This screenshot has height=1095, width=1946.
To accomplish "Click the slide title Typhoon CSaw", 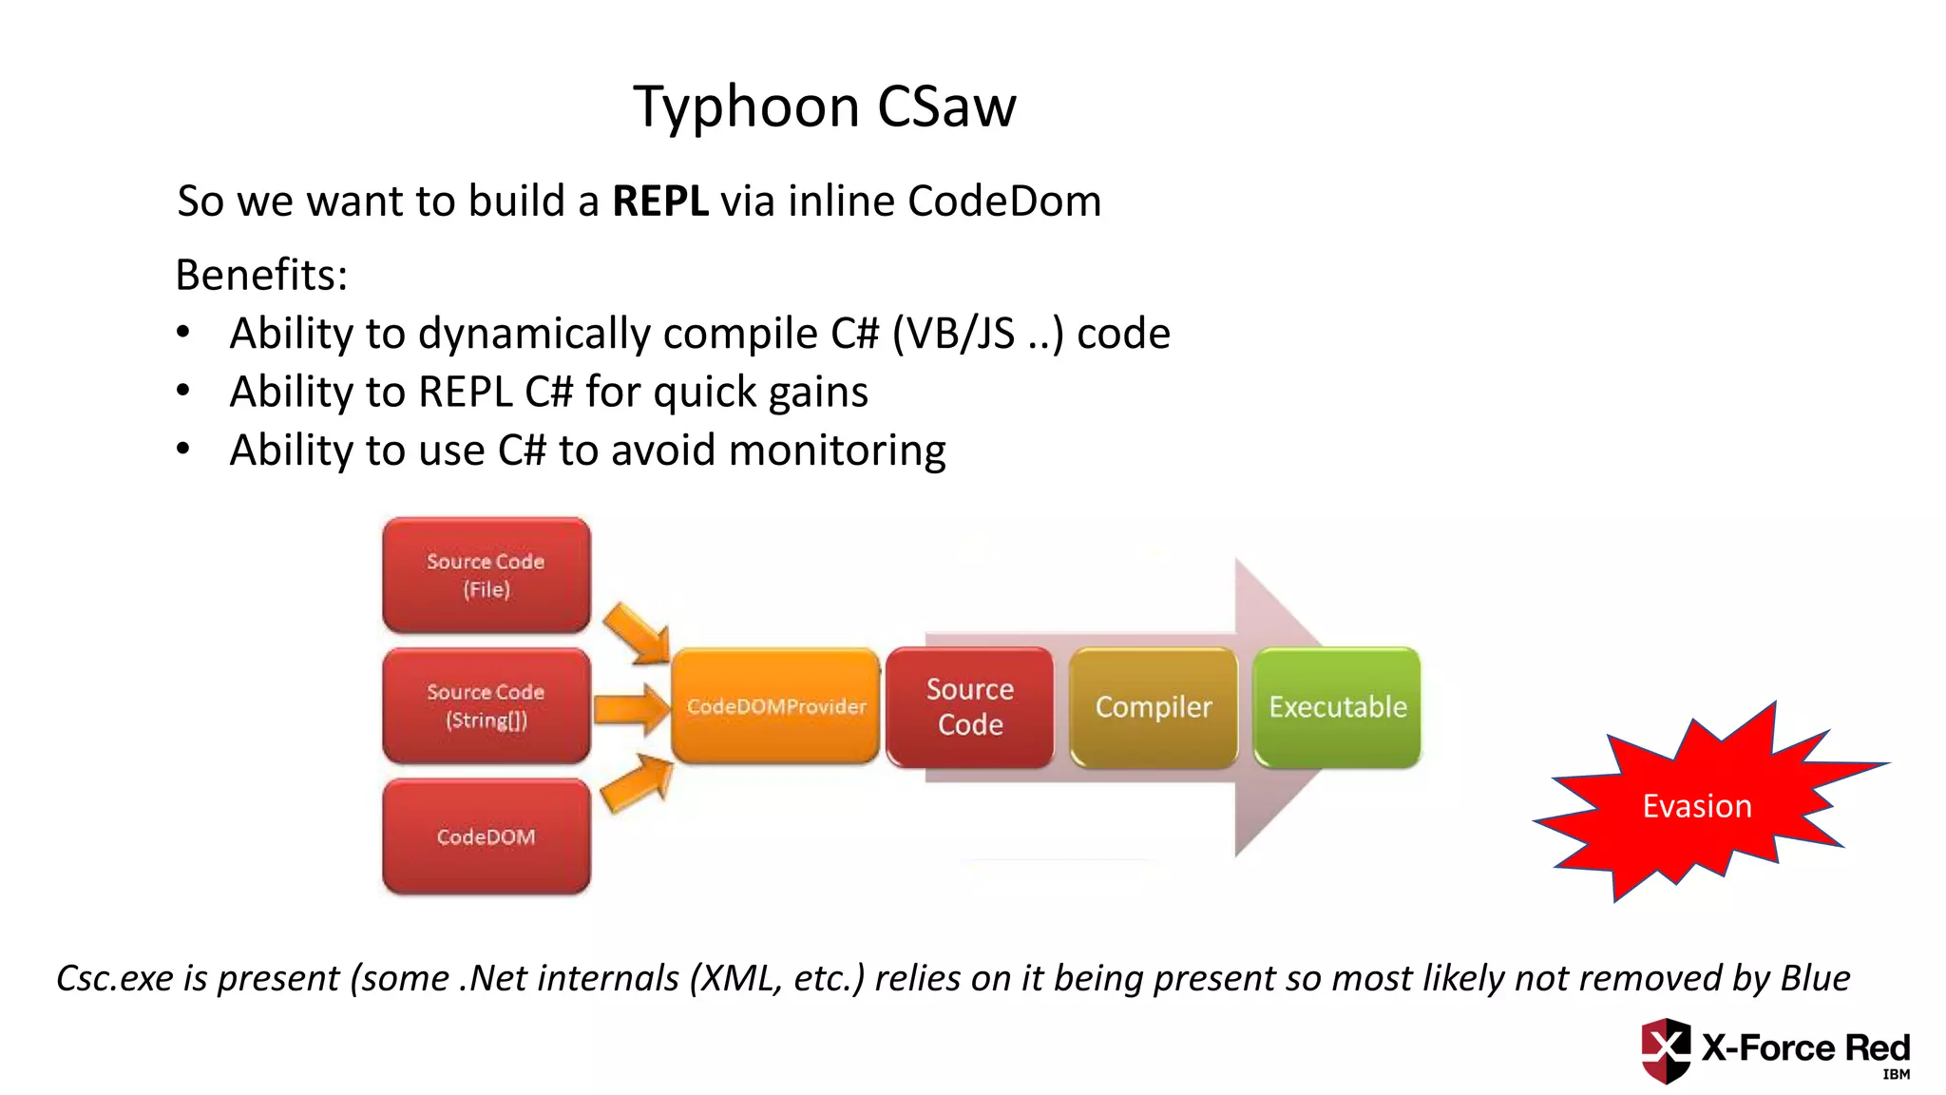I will [x=825, y=106].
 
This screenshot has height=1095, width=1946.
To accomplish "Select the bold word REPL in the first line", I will [x=659, y=202].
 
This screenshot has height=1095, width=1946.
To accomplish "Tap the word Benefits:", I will [x=261, y=276].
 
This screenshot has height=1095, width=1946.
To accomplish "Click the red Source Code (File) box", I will [x=486, y=575].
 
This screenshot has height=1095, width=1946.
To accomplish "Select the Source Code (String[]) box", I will [x=486, y=706].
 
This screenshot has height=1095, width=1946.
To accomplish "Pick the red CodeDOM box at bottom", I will [x=486, y=836].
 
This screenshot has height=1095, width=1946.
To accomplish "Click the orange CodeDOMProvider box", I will [x=775, y=706].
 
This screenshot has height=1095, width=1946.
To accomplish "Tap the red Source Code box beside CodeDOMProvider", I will [x=970, y=707].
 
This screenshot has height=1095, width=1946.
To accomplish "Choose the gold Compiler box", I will [x=1154, y=707].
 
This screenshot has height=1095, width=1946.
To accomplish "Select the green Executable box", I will [x=1337, y=707].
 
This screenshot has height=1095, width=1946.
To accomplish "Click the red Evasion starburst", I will [x=1697, y=806].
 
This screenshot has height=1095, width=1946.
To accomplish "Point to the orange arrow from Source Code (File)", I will [x=638, y=633].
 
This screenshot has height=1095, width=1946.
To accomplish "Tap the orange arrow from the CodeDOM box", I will [x=638, y=783].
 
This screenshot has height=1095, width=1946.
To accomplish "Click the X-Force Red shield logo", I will [x=1665, y=1050].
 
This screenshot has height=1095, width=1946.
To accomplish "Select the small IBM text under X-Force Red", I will [x=1896, y=1075].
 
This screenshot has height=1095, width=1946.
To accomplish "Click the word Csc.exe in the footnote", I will [x=115, y=978].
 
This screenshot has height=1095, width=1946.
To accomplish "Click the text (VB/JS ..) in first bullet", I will [x=978, y=335].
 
